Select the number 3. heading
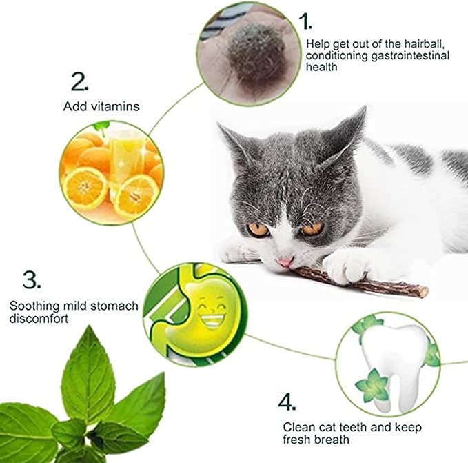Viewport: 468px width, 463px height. (32, 279)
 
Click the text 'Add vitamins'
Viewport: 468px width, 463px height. (101, 106)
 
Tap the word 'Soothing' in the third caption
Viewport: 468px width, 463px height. (32, 306)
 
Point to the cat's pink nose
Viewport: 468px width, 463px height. (284, 262)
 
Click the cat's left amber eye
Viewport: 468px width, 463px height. (258, 228)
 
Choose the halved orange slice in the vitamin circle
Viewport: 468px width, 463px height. (85, 187)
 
